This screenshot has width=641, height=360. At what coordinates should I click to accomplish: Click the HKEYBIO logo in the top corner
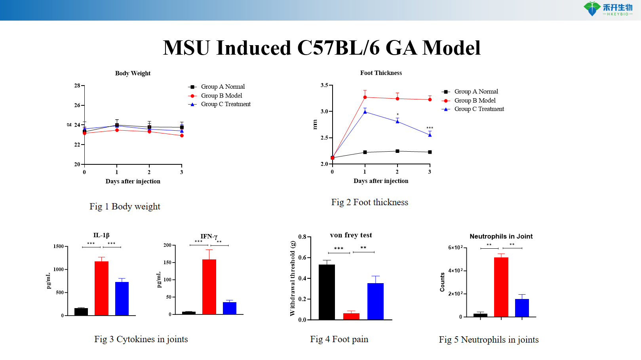coord(608,9)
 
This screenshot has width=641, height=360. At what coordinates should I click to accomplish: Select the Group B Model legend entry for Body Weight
coord(221,96)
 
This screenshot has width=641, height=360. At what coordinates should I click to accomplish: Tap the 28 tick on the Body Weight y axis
coord(77,86)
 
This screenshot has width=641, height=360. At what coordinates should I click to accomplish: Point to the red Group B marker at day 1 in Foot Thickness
coord(365,97)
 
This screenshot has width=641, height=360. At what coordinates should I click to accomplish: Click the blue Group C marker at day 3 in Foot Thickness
coord(430,135)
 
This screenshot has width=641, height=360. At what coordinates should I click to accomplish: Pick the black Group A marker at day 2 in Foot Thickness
coord(397,151)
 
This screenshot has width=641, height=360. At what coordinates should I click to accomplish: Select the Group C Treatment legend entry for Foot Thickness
coord(479,109)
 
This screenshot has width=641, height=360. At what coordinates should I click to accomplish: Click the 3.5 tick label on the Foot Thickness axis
coord(324,85)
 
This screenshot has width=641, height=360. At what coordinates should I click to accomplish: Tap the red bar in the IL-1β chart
coord(101,288)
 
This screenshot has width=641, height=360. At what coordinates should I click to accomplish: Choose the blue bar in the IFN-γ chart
coord(230,308)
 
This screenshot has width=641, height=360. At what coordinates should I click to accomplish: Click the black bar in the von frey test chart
coord(327,292)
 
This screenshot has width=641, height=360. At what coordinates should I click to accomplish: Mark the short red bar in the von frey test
coord(351,316)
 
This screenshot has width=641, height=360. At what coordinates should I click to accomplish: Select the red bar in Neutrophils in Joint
coord(501,287)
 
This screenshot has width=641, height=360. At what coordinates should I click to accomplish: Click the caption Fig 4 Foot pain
coord(339,339)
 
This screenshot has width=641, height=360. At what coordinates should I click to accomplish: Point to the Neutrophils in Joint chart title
coord(501,236)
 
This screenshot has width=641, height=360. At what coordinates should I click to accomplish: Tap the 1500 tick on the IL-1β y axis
coord(59,246)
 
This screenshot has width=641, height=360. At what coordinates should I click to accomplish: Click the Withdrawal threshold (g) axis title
coord(293,278)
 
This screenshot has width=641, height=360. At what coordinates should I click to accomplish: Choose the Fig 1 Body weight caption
coord(125,206)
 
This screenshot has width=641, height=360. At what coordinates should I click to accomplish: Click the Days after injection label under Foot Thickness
coord(381,181)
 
